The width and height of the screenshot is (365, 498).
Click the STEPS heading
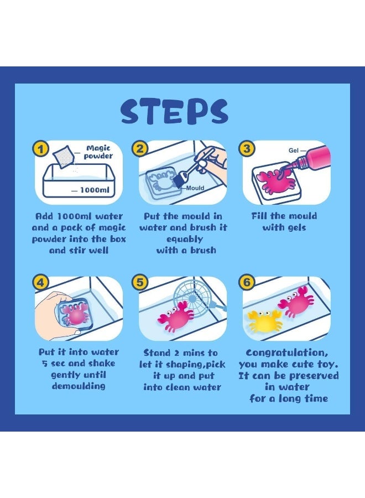174,111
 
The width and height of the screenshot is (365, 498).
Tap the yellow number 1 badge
40,149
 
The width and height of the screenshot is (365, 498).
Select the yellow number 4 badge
40,282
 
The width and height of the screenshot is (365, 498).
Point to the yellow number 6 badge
247,282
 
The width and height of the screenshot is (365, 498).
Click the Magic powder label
98,152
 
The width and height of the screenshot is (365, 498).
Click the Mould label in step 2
195,188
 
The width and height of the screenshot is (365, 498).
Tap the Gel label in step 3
294,150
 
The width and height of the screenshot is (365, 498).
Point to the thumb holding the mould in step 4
75,332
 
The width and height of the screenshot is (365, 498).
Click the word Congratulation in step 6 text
287,353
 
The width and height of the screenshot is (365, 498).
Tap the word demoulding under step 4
79,386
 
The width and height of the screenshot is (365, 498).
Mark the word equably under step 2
185,239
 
